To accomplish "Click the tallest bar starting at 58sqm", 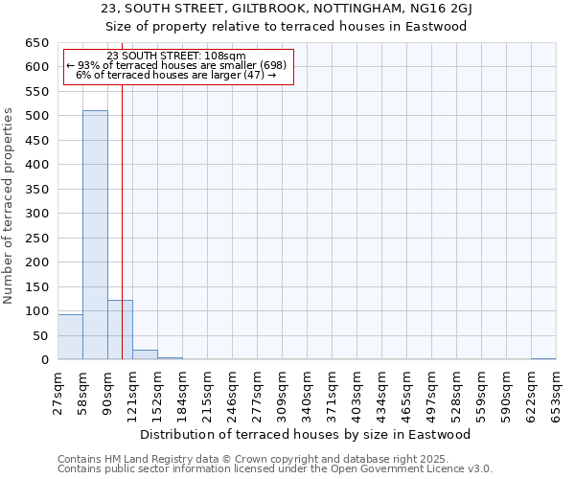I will tap(95, 235).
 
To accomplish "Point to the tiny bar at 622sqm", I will tap(543, 359).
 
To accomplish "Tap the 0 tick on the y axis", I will tap(44, 360).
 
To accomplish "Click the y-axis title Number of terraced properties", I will tap(10, 206).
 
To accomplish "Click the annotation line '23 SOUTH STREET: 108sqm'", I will tap(176, 56).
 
